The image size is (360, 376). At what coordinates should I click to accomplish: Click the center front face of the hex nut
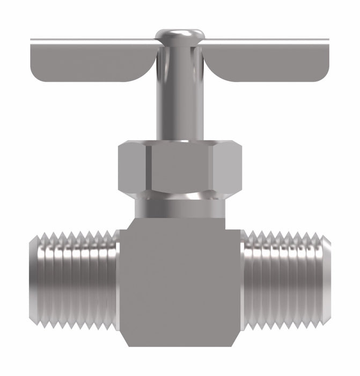tap(181, 168)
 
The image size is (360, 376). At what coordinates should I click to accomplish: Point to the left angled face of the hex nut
tap(132, 168)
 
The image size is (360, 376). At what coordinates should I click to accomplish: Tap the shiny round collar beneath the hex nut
tap(180, 206)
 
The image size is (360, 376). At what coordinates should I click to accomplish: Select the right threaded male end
tap(287, 278)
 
